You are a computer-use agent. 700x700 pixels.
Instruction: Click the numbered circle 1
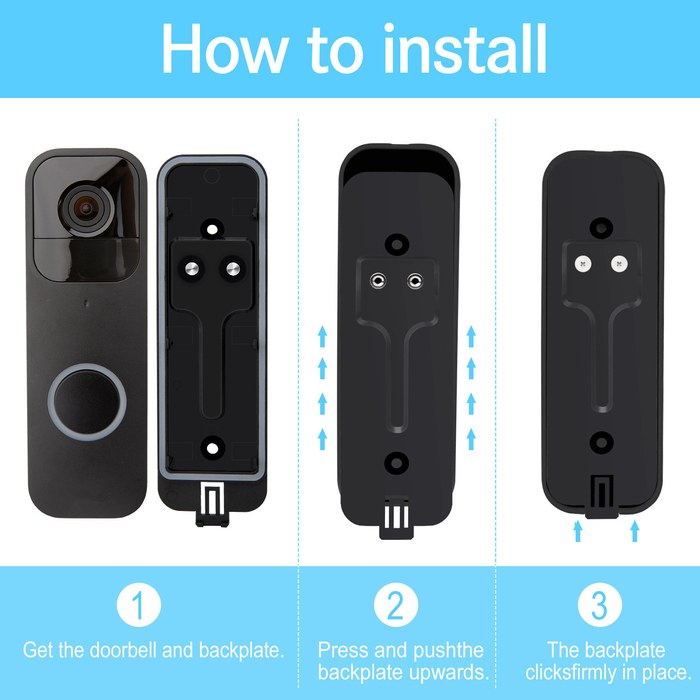point(139,605)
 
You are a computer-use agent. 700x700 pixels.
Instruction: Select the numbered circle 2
point(396,605)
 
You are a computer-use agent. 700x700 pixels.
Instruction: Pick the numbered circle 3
point(600,605)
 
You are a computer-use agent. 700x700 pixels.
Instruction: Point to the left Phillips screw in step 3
point(583,264)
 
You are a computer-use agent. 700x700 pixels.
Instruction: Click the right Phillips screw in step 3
point(619,264)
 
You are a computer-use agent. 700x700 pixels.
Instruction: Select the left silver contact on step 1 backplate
point(192,269)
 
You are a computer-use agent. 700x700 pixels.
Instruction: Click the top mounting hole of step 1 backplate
point(212,229)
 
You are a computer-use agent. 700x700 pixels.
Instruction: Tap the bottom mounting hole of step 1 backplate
point(212,448)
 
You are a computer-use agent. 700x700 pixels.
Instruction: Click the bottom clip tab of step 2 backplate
point(396,521)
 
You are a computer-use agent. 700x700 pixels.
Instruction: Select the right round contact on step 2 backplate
point(415,280)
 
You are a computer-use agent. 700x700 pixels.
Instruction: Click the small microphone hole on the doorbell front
point(87,303)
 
